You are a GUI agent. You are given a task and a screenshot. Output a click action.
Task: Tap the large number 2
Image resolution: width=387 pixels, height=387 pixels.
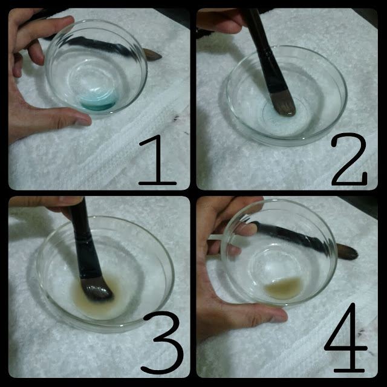pos(349,159)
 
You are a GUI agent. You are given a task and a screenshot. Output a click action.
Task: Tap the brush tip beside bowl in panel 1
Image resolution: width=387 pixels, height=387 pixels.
pos(152,54)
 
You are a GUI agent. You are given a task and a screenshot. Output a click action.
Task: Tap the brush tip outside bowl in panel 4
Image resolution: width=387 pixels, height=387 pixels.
pos(348,252)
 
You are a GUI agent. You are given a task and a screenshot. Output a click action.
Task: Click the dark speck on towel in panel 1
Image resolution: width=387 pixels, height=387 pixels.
pos(176,118)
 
